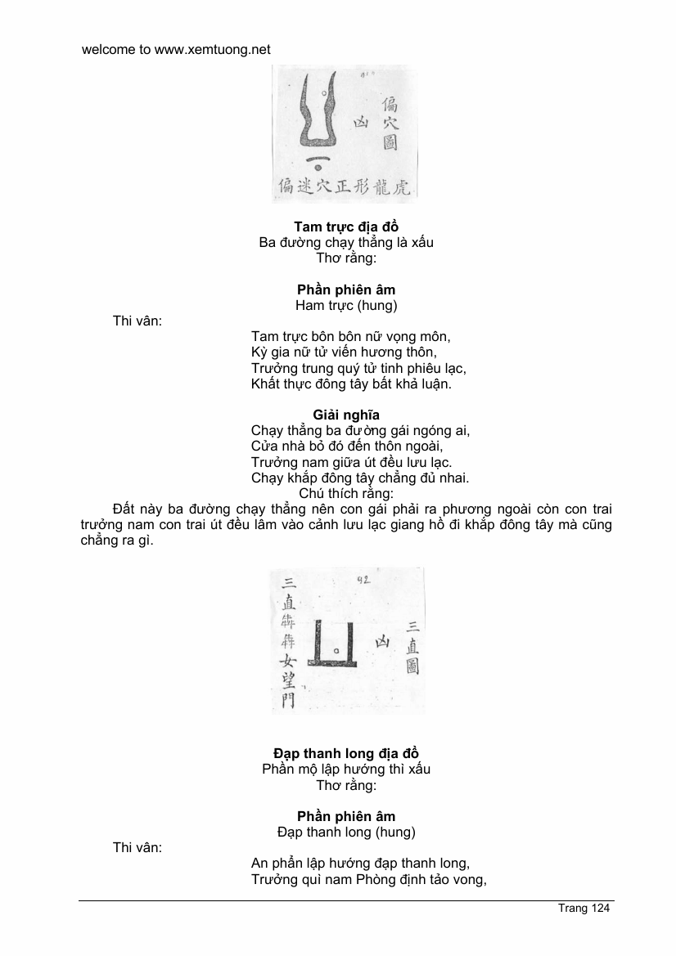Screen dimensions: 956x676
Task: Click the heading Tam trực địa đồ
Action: pyautogui.click(x=346, y=227)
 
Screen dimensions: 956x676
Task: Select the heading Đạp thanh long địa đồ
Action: pyautogui.click(x=346, y=753)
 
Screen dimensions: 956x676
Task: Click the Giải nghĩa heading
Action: pyautogui.click(x=346, y=415)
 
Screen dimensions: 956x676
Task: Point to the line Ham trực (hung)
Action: pyautogui.click(x=346, y=305)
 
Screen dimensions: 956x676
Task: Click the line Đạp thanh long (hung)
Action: pyautogui.click(x=346, y=832)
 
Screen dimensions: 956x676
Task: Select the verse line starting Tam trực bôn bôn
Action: pyautogui.click(x=351, y=336)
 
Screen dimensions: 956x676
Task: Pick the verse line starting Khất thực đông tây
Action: pyautogui.click(x=351, y=383)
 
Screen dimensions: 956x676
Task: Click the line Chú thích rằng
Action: pyautogui.click(x=346, y=493)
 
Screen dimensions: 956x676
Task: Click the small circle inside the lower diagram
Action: pyautogui.click(x=336, y=651)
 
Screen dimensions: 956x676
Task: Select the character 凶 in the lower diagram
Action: pyautogui.click(x=381, y=643)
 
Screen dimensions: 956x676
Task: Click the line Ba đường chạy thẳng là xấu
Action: pyautogui.click(x=346, y=242)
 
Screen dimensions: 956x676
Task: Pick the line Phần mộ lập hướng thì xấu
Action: pyautogui.click(x=346, y=769)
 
